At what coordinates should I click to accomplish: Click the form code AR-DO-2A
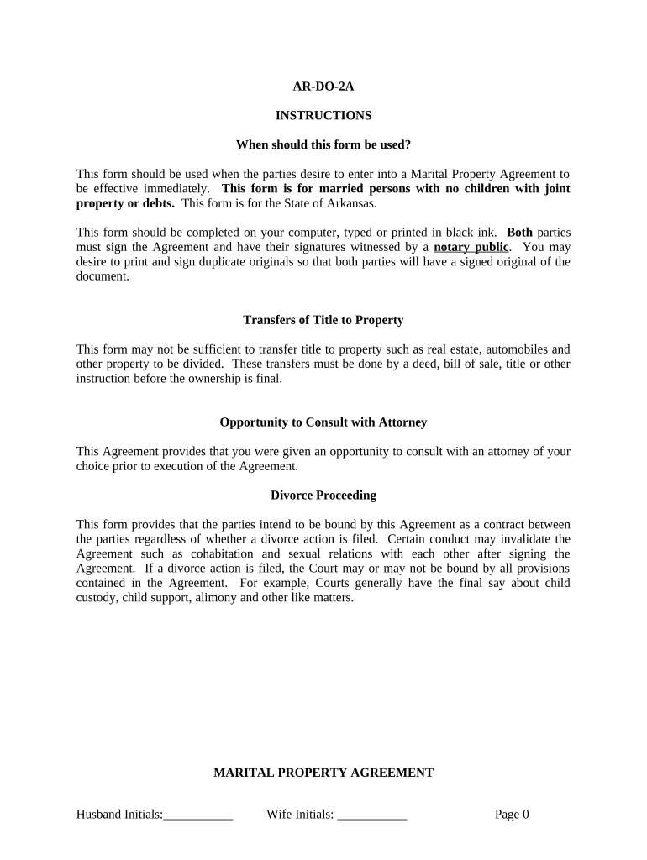coord(323,86)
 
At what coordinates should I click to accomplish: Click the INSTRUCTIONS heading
coord(323,115)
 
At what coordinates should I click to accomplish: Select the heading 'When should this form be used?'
coord(323,144)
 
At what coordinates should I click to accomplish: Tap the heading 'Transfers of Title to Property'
coord(323,320)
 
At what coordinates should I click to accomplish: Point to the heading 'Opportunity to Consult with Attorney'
coord(323,422)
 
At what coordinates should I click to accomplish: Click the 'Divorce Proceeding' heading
coord(323,496)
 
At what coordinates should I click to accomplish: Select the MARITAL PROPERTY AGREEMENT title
coord(323,773)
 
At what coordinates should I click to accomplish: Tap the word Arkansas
coord(354,203)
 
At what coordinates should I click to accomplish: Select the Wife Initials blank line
coord(372,815)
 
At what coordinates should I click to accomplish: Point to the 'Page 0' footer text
coord(512,814)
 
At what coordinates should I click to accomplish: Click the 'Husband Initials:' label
coord(119,814)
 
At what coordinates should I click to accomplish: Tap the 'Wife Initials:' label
coord(300,814)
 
